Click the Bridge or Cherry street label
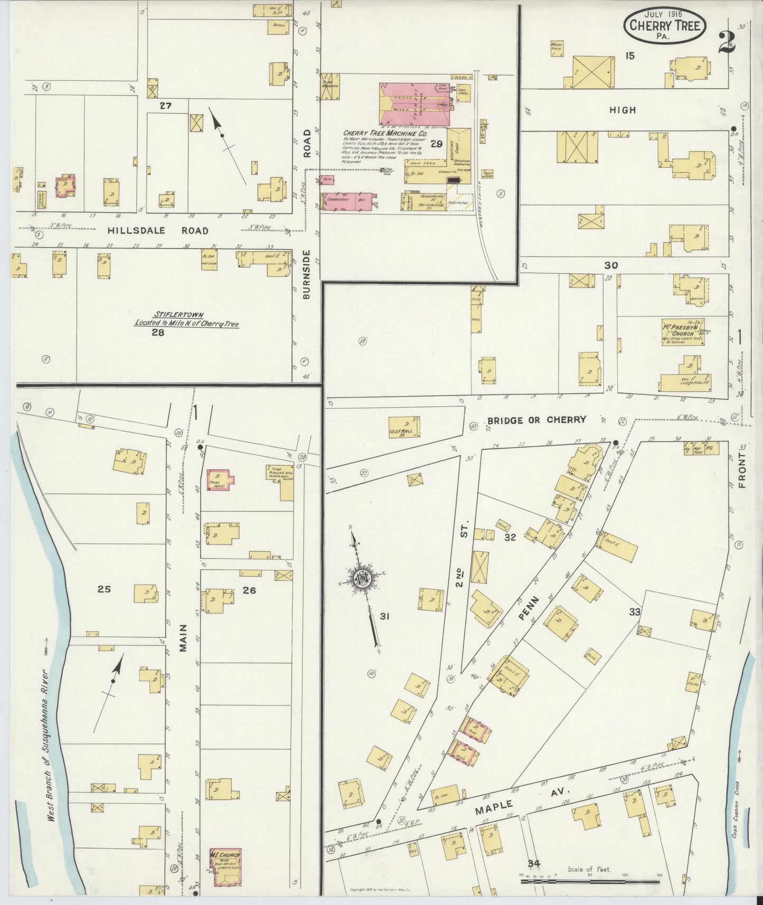point(536,420)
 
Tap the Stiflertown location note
point(186,319)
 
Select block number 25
point(104,589)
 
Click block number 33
point(634,612)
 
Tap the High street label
point(622,110)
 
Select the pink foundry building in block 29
point(414,103)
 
